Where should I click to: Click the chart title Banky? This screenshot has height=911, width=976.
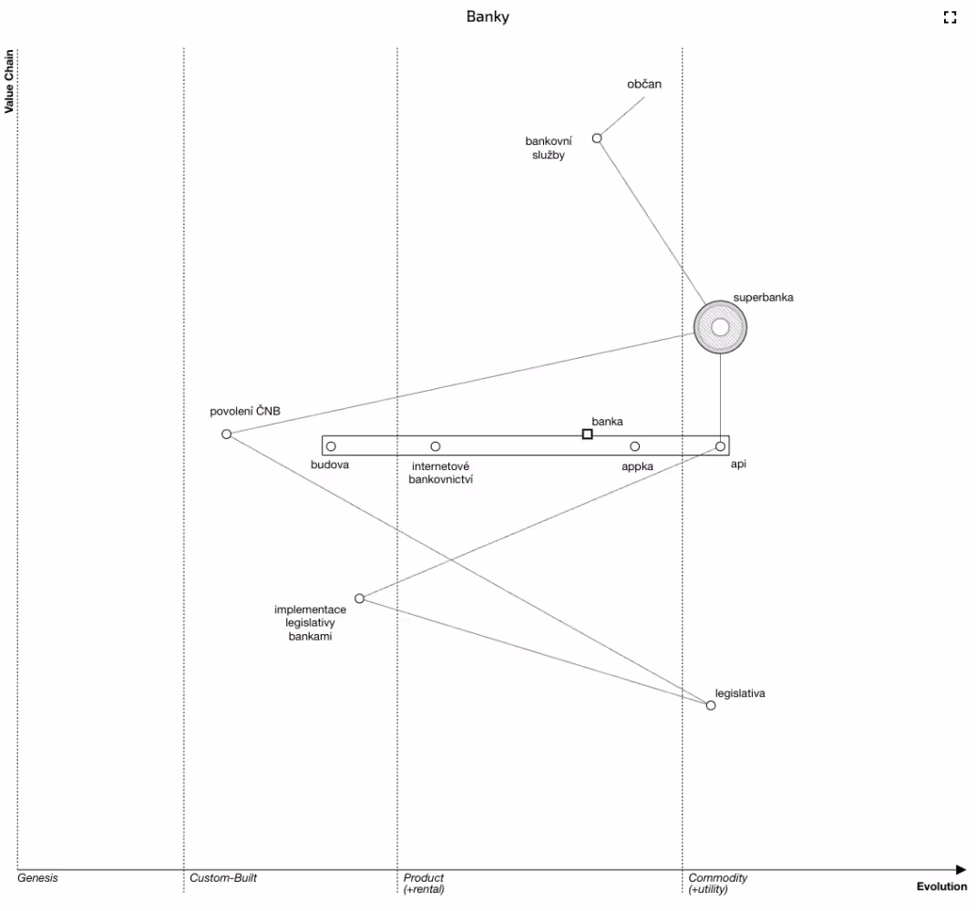[488, 16]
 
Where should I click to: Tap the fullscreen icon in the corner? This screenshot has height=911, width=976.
[950, 16]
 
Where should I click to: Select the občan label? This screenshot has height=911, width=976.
[644, 84]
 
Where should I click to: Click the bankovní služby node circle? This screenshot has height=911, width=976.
[597, 138]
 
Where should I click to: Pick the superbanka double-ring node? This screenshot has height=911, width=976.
[720, 326]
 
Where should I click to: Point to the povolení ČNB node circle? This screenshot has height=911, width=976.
[227, 434]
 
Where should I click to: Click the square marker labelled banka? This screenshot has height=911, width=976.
[587, 434]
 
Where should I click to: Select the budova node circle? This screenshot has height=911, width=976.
[331, 446]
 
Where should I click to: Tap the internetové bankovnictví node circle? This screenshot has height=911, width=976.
[436, 446]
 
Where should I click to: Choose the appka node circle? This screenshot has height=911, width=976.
[635, 446]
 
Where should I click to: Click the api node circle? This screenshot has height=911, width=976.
[720, 446]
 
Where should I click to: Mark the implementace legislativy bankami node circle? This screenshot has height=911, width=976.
[359, 599]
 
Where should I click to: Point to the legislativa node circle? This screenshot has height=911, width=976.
[711, 705]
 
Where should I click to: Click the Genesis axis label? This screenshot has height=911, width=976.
[37, 878]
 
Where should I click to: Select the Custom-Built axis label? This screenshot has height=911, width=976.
[223, 878]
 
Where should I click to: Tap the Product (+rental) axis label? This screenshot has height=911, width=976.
[424, 883]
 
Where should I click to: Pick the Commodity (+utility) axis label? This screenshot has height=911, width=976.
[718, 883]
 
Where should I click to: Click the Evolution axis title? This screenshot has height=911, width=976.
[942, 886]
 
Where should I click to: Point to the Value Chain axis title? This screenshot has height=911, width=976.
[10, 80]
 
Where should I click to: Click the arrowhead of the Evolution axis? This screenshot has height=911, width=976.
[961, 870]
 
